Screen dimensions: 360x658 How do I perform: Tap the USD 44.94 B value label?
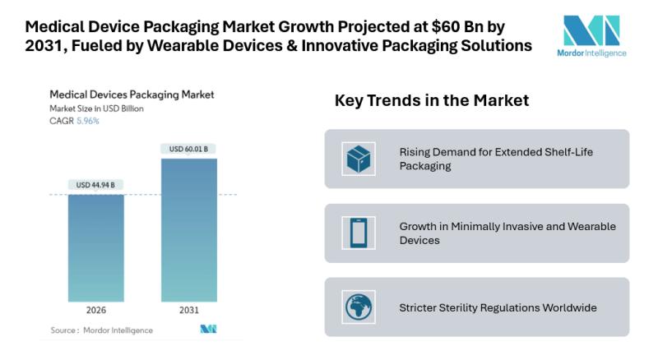(95, 185)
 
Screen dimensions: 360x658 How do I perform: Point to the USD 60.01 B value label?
(188, 149)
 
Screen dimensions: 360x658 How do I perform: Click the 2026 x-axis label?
(95, 311)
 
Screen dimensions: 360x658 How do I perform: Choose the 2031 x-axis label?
(188, 311)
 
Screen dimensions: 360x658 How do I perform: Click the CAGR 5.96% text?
(76, 121)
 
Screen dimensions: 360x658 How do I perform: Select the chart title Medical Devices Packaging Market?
(132, 95)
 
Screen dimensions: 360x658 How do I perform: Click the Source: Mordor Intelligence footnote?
(101, 330)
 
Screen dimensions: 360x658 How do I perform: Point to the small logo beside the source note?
(208, 329)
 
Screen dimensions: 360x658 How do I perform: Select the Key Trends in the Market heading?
(431, 100)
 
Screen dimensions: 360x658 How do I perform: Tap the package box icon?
(359, 159)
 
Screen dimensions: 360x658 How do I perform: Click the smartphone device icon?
(359, 233)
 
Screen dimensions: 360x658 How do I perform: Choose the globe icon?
(359, 307)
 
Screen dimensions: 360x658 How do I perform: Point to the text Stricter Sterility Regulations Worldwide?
(498, 307)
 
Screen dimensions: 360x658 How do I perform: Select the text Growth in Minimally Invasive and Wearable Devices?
(507, 233)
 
